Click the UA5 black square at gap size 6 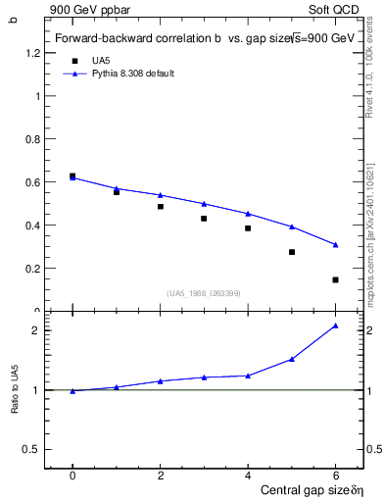point(335,279)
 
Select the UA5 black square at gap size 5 point(292,252)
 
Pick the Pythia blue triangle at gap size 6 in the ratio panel point(335,326)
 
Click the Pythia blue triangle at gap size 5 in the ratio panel point(292,359)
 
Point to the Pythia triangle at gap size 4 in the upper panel point(248,213)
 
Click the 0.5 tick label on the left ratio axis point(36,449)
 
